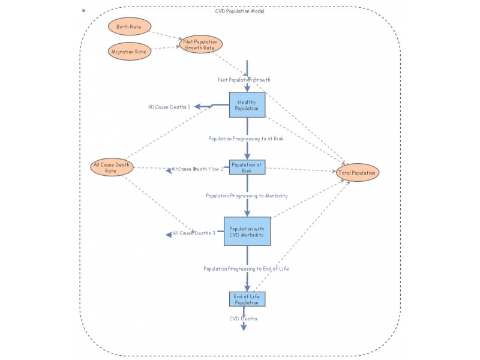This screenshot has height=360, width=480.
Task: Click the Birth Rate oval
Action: [129, 27]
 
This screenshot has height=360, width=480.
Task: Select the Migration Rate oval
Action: [129, 52]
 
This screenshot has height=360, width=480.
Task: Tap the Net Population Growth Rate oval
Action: [201, 44]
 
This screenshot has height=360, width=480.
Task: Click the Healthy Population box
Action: [247, 105]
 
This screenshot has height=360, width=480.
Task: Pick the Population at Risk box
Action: [247, 167]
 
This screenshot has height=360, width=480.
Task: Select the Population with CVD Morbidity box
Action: [247, 232]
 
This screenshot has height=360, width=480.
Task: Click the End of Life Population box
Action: [247, 299]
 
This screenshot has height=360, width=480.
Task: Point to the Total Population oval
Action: [358, 173]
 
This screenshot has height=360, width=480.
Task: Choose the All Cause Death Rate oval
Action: [111, 167]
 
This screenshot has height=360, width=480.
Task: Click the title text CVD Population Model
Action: [239, 11]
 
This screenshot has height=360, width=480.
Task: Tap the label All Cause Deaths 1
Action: [169, 107]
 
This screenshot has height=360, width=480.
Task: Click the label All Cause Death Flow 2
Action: [197, 169]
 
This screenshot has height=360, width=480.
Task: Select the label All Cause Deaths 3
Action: [194, 233]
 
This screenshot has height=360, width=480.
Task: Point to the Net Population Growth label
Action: [244, 79]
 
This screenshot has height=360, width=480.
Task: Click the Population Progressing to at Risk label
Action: [246, 139]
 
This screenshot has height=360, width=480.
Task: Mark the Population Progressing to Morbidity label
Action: [247, 196]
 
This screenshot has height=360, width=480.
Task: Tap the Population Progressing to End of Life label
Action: [246, 269]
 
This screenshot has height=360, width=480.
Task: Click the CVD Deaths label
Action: [244, 319]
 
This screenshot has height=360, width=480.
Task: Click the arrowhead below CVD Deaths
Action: [244, 327]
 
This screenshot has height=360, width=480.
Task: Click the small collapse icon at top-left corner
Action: [83, 11]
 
